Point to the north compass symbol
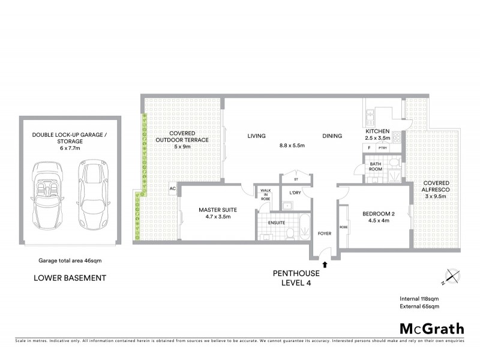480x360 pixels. pos(451,278)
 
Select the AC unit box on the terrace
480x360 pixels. pos(172,188)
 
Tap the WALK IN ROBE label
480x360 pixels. pos(265,194)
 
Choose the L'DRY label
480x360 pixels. pos(295,193)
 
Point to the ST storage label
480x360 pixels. pos(296,179)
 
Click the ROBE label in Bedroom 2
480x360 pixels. pos(343,227)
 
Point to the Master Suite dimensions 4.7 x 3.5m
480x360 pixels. pos(218,217)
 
